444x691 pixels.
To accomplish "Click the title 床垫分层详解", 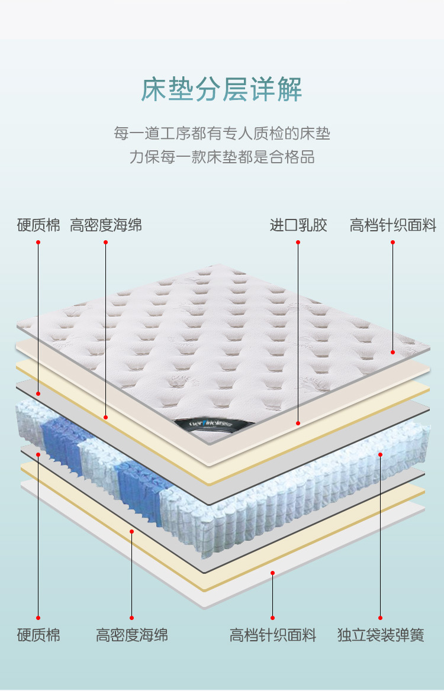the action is (222, 89).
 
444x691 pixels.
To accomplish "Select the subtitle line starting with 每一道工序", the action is (222, 133).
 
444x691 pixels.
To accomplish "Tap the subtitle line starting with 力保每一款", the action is (222, 157).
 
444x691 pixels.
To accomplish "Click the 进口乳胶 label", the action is (298, 225).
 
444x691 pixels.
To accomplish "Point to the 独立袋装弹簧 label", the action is (381, 636).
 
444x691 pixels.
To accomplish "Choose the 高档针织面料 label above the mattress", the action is (392, 225).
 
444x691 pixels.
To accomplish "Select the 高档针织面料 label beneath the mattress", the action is (273, 636).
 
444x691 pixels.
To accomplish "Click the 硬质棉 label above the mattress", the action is (38, 225).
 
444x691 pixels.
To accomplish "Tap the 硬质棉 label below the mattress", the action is (38, 636).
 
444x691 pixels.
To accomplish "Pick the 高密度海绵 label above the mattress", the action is (106, 225).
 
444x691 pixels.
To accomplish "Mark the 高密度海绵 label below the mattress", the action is (132, 636).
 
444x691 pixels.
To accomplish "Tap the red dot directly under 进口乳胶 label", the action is (298, 242).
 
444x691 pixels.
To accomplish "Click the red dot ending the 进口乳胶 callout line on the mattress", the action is (298, 423).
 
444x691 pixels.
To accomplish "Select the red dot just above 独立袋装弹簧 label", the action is (380, 618).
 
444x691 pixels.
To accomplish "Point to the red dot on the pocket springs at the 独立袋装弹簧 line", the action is (380, 454).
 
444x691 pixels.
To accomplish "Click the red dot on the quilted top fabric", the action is (392, 352).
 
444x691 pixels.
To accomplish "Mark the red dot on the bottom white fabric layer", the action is (272, 573).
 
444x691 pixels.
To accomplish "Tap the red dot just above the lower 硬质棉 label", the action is (38, 618).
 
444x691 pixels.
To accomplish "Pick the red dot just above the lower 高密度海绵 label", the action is (131, 618).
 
